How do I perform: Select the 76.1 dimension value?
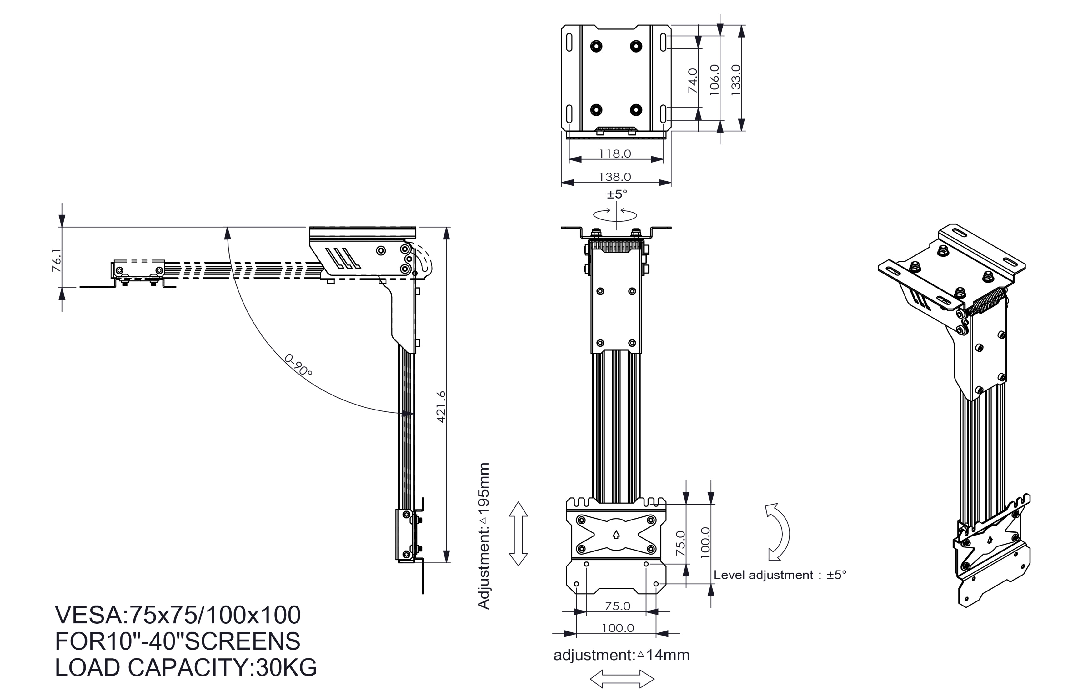coord(57,262)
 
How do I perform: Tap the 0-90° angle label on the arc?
coord(298,365)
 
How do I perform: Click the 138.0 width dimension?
coord(615,177)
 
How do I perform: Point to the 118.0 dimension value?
coord(615,153)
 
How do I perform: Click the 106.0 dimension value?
coord(714,80)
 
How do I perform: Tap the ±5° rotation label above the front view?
coord(617,194)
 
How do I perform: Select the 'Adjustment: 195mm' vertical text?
coord(484,536)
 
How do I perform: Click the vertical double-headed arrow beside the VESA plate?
coord(519,534)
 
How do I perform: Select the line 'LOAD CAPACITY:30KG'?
coord(186,667)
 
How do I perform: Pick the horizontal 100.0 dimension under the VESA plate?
coord(617,628)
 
